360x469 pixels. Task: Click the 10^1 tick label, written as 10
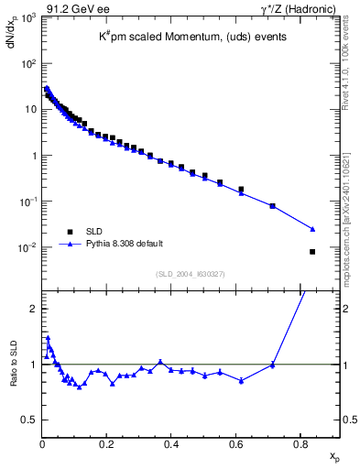coord(29,110)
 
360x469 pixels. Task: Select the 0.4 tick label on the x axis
coord(171,444)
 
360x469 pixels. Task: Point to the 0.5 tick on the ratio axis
coord(30,420)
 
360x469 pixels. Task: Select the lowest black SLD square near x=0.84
coord(312,252)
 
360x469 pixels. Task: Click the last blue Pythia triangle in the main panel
coord(312,229)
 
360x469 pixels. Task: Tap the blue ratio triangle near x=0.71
coord(272,365)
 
